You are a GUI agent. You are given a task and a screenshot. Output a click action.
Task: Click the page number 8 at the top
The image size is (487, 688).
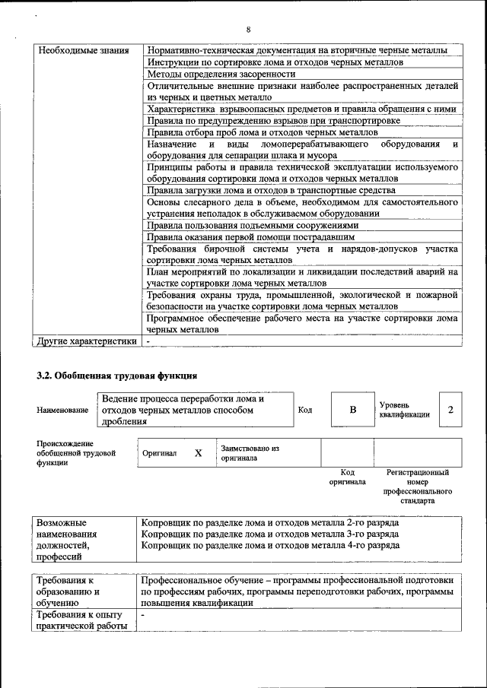tap(249, 30)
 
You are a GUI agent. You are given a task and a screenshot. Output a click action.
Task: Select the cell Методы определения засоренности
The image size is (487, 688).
tap(221, 74)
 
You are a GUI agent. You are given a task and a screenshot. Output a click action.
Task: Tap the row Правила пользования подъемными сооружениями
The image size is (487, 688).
tap(251, 225)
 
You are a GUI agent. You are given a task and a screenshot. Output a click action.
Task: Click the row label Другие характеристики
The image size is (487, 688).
tap(88, 341)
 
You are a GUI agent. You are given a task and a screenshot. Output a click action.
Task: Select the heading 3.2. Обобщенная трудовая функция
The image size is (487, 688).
tap(117, 376)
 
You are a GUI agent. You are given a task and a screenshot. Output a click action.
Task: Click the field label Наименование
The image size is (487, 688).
tap(62, 411)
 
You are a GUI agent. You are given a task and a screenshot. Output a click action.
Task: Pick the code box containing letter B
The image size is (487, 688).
tap(352, 410)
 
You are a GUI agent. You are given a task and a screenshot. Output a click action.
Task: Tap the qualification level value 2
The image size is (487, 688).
tap(450, 410)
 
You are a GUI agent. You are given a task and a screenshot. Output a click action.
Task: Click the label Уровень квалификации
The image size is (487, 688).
tap(404, 410)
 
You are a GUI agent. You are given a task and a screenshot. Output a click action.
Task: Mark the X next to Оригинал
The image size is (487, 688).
tap(199, 453)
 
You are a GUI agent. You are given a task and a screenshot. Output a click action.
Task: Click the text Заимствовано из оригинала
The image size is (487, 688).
tap(250, 453)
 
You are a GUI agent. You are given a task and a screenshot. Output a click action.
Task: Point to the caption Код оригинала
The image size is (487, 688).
tap(347, 477)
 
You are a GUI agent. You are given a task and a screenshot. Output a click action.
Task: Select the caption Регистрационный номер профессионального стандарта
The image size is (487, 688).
tap(418, 487)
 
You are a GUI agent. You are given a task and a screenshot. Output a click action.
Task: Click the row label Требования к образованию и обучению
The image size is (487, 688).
tap(69, 591)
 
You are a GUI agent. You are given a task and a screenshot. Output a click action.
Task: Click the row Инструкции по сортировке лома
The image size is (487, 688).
tap(275, 62)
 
